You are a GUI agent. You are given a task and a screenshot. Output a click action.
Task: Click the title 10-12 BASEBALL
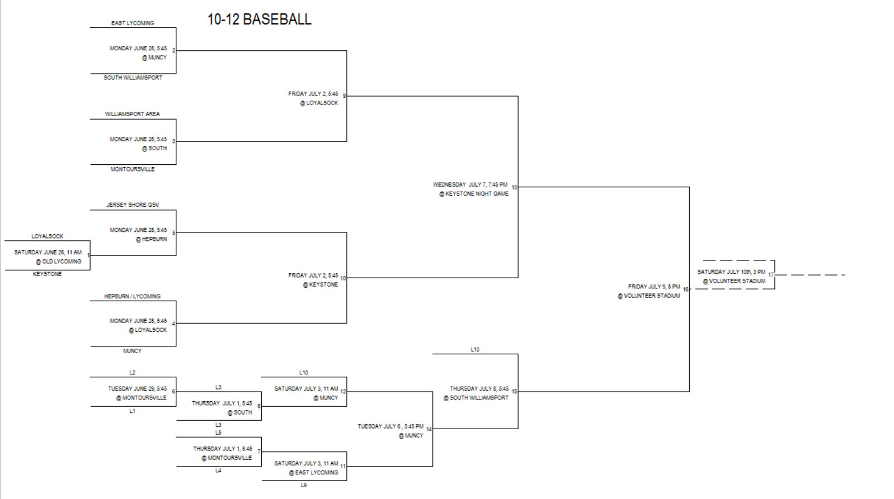259,20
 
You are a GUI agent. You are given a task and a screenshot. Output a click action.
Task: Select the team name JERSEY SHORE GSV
133,205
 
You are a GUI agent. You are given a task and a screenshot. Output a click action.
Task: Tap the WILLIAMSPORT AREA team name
132,114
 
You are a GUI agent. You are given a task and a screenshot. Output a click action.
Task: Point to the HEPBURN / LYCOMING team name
132,297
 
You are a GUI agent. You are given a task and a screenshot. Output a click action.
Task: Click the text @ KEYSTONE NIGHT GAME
474,194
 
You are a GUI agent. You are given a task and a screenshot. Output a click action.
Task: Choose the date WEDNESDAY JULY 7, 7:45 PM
470,184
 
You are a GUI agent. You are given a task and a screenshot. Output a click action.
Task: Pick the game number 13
514,187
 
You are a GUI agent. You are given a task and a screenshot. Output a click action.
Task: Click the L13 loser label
475,350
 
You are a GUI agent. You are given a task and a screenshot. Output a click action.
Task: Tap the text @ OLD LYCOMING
58,262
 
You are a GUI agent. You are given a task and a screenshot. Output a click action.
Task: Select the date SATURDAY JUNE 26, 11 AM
48,252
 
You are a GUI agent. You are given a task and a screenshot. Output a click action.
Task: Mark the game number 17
771,275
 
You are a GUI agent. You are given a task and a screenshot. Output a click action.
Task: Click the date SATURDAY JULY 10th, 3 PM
731,272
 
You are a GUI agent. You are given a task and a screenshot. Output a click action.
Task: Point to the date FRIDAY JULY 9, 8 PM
654,287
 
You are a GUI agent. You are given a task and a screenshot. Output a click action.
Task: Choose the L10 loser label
304,373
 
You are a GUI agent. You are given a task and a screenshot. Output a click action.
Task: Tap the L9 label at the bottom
304,485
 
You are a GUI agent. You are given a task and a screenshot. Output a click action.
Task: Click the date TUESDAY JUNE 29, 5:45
137,388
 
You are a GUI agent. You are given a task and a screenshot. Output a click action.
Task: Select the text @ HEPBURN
151,239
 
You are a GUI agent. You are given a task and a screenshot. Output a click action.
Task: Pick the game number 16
686,290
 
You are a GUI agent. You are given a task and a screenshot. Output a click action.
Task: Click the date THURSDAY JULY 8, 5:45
479,388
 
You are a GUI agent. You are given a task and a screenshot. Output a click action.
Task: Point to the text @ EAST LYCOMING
313,472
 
